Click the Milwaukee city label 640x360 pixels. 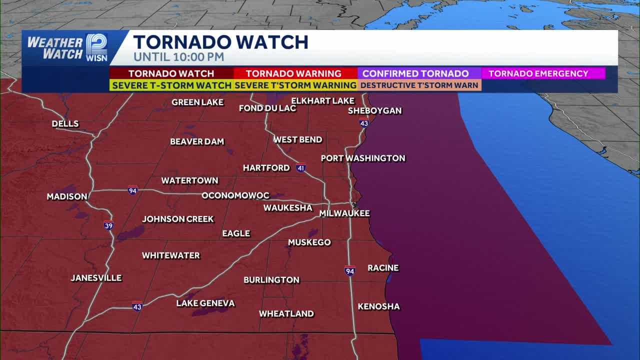click(344, 213)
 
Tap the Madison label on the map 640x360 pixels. click(67, 197)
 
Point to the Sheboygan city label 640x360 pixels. click(374, 110)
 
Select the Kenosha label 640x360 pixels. click(378, 306)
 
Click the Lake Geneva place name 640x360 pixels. click(205, 303)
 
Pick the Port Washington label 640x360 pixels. click(363, 158)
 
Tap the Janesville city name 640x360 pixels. click(96, 278)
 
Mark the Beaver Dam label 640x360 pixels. click(197, 142)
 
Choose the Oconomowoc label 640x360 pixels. click(235, 195)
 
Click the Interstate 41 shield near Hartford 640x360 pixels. click(300, 167)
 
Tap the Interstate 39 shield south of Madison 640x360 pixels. click(108, 225)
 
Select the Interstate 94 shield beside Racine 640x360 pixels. click(350, 271)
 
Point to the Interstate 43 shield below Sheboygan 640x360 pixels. click(364, 123)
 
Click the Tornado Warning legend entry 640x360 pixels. click(293, 73)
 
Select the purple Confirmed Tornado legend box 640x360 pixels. click(419, 73)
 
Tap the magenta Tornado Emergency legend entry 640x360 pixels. click(542, 73)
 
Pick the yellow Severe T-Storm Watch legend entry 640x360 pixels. click(171, 85)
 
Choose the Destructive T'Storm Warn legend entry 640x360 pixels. click(419, 85)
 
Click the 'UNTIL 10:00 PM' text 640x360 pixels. click(178, 57)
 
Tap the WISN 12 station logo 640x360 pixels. click(96, 47)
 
